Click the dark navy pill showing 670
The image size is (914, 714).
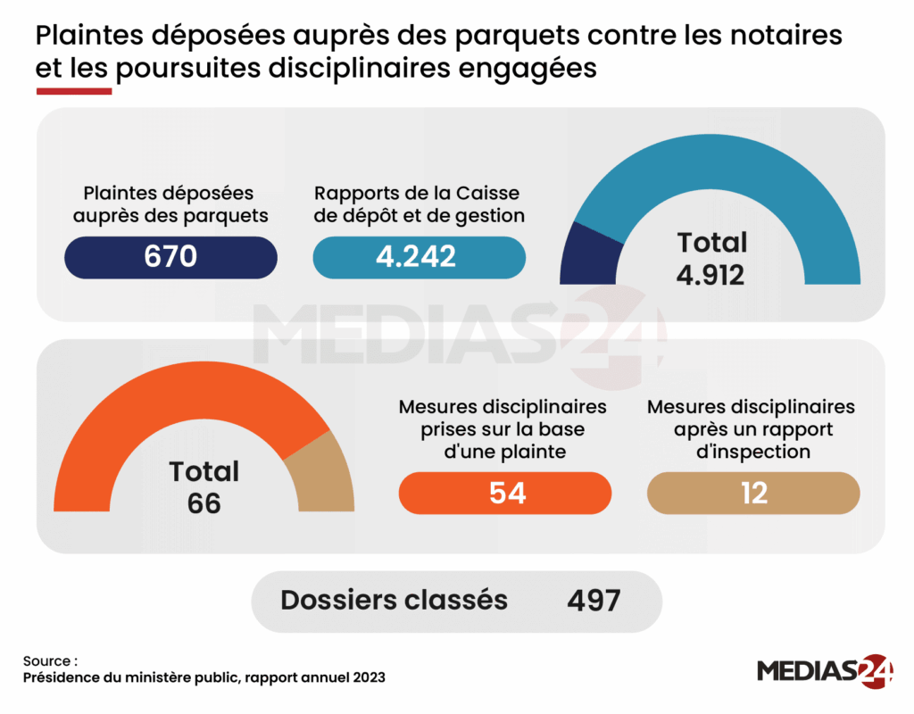[170, 257]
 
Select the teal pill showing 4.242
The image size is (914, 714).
[419, 257]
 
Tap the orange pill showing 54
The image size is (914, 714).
[505, 493]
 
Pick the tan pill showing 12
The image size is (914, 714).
[753, 493]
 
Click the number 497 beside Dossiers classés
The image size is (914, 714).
[594, 601]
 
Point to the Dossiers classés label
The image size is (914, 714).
[394, 601]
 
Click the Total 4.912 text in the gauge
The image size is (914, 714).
[710, 258]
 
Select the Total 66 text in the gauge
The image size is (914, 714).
[204, 487]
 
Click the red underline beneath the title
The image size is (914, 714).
[73, 91]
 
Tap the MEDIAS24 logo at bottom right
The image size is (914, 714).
[825, 669]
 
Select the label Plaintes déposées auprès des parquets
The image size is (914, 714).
[170, 203]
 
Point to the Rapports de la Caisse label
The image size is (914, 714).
[419, 203]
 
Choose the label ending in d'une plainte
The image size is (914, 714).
[503, 428]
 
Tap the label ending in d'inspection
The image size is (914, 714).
[752, 428]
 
